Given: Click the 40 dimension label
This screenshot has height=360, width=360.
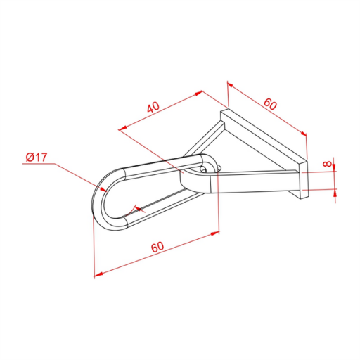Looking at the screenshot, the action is pyautogui.click(x=153, y=107).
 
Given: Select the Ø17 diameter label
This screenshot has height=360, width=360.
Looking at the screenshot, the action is pyautogui.click(x=37, y=157).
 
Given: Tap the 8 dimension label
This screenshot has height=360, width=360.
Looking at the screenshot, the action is pyautogui.click(x=327, y=163).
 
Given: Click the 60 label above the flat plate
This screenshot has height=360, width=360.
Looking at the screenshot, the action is pyautogui.click(x=270, y=104).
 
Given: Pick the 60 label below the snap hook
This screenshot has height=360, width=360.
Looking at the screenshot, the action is pyautogui.click(x=157, y=247).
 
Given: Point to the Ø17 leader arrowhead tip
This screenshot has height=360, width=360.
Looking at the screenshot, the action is pyautogui.click(x=107, y=192).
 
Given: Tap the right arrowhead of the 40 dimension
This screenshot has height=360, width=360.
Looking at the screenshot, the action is pyautogui.click(x=202, y=91).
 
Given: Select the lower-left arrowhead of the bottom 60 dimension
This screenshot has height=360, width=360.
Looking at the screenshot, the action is pyautogui.click(x=94, y=276).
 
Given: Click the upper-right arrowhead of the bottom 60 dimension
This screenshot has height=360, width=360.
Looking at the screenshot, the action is pyautogui.click(x=219, y=232).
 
